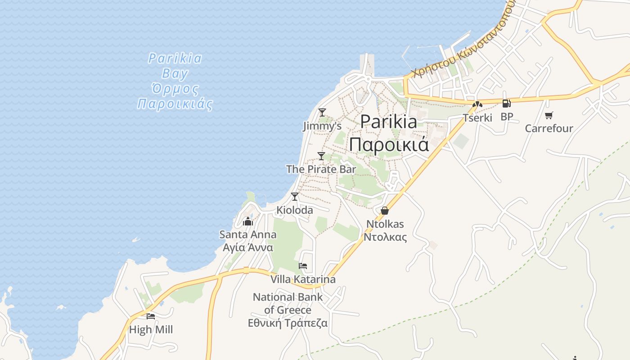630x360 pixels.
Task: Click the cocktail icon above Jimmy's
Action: coord(322,112)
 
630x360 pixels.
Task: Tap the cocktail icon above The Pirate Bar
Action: coord(321,156)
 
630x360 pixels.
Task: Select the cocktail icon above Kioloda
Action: coord(294,196)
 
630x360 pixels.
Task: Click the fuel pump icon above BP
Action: coord(506,103)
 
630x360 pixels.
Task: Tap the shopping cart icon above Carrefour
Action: coord(549,115)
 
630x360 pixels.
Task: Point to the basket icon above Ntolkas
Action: coord(384,210)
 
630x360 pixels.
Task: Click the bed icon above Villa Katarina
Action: coord(303,266)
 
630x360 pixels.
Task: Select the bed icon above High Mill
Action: coord(151,316)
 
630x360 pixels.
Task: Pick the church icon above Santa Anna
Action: coord(247,221)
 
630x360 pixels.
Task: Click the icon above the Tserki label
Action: coord(477,104)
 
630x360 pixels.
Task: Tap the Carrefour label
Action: coord(549,128)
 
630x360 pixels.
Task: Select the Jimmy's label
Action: coord(322,126)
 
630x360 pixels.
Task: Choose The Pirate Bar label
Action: coord(321,169)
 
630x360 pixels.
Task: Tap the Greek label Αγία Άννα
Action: coord(248,247)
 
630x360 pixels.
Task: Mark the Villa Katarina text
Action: coord(303,279)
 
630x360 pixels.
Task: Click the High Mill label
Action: coord(151,329)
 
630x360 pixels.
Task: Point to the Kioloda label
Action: coord(294,210)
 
